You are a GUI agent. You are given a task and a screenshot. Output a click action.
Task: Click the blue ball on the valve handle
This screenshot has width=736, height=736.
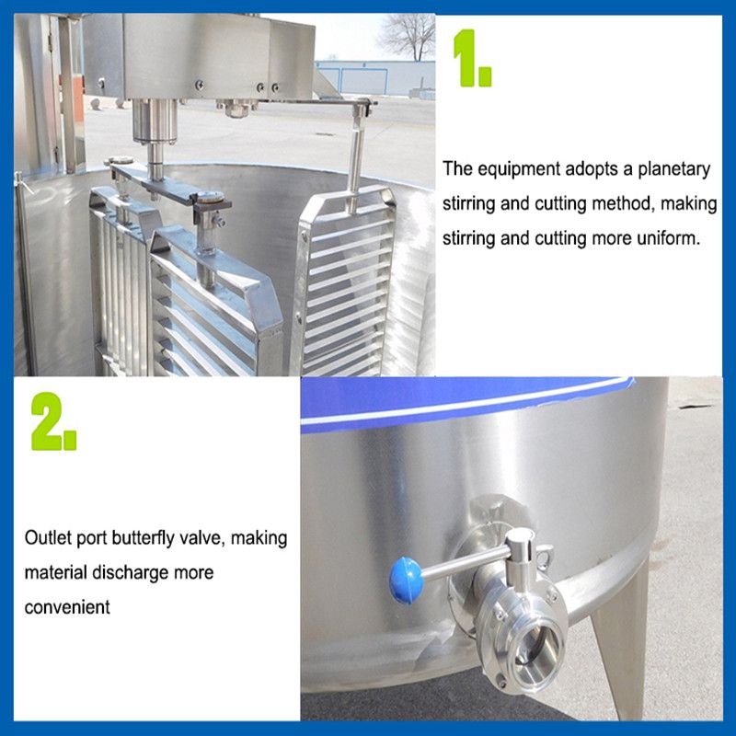point(407,581)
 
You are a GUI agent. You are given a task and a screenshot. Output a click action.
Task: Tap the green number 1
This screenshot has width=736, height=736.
point(472,58)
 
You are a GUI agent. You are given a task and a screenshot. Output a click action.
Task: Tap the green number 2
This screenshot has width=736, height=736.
point(53,421)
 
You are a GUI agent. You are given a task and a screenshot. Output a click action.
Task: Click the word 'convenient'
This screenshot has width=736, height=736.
point(67,607)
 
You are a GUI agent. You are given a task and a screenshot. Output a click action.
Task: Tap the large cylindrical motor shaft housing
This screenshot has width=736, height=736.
point(155,121)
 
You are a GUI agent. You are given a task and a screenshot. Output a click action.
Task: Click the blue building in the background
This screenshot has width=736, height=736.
point(375,78)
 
